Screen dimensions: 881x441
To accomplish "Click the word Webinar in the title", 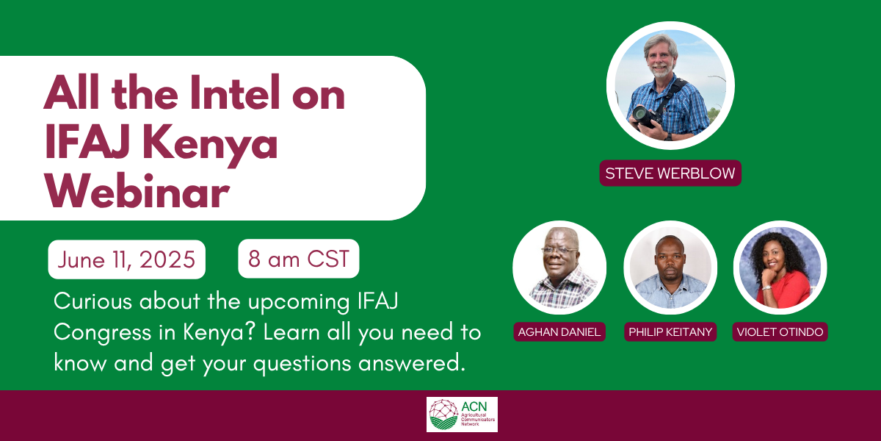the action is click(137, 191).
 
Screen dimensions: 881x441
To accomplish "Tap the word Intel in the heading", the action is click(235, 92).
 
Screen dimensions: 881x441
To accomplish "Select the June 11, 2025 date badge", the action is click(126, 259).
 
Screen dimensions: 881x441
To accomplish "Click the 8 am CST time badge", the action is click(299, 259).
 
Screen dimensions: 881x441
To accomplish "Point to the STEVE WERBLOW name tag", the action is click(670, 173).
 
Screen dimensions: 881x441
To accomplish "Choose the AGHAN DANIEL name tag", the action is click(559, 332).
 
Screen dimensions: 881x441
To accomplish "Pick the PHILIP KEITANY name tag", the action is click(670, 332).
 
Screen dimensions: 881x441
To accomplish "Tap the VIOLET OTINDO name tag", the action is click(780, 332).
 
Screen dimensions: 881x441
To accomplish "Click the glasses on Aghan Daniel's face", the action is click(559, 251).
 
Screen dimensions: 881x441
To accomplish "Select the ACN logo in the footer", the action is click(462, 415).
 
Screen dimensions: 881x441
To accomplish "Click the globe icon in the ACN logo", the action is click(443, 415).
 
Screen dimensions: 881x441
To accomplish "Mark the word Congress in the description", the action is click(102, 333).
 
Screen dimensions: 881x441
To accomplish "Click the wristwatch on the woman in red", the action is click(766, 287).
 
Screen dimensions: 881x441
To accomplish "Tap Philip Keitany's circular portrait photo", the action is click(670, 268).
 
